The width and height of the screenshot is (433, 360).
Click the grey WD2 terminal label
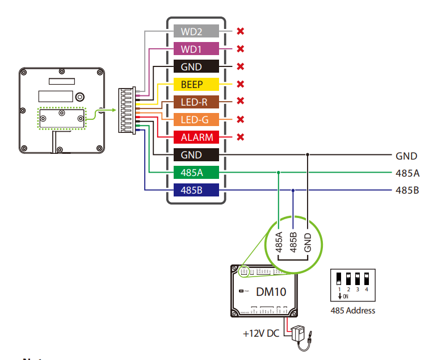pyautogui.click(x=191, y=31)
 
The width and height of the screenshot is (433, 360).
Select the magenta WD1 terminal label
pyautogui.click(x=191, y=49)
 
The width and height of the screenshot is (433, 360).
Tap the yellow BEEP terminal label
pyautogui.click(x=191, y=84)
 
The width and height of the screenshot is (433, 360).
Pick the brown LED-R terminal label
pyautogui.click(x=191, y=102)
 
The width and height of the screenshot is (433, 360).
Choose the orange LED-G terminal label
pyautogui.click(x=191, y=119)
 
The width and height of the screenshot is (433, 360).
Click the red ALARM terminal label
pyautogui.click(x=191, y=137)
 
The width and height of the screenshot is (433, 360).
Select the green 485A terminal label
pyautogui.click(x=191, y=172)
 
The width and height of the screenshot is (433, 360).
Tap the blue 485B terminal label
pyautogui.click(x=191, y=190)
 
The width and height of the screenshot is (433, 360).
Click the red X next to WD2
pyautogui.click(x=240, y=31)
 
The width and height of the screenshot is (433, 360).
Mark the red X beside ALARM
pyautogui.click(x=240, y=137)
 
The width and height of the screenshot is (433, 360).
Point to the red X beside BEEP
pyautogui.click(x=240, y=84)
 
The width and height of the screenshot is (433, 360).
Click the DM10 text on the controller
pyautogui.click(x=271, y=293)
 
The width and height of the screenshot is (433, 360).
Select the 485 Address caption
pyautogui.click(x=352, y=311)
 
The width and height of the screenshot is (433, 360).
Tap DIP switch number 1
pyautogui.click(x=339, y=279)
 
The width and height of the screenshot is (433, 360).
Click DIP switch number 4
pyautogui.click(x=367, y=279)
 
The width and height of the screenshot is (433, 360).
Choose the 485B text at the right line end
pyautogui.click(x=407, y=190)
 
